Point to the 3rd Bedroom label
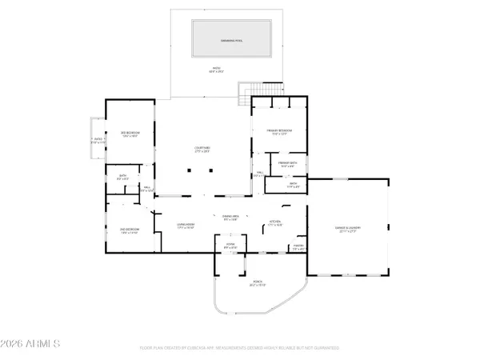pos(130,135)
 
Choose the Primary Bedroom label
pos(279,131)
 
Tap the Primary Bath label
pos(288,166)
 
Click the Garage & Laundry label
pos(348,230)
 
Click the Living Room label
pos(186,227)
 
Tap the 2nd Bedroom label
pos(130,231)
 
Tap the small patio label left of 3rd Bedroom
pos(98,141)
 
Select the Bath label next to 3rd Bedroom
pos(123,177)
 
